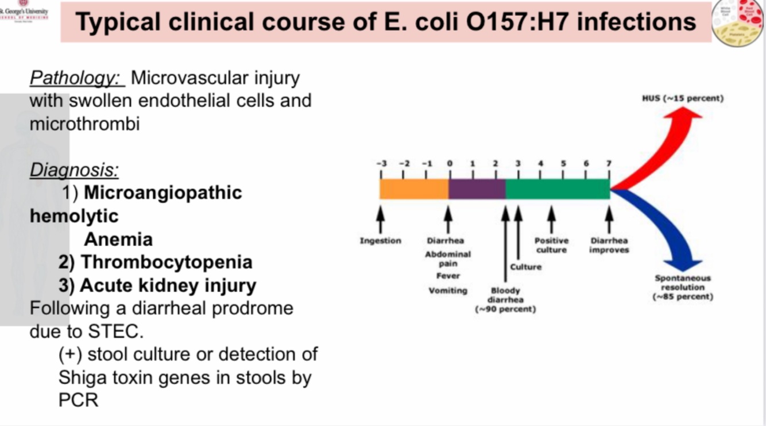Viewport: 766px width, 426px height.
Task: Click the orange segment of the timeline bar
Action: tap(413, 189)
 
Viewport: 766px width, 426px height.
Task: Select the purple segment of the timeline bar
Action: tap(477, 189)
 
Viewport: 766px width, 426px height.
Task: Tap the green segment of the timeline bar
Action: tap(557, 189)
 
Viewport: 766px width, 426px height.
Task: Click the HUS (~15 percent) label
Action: tap(683, 98)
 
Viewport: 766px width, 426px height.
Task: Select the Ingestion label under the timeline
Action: tap(380, 240)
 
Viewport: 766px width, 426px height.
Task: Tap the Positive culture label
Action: tap(551, 245)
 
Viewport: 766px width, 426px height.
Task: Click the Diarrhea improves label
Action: tap(609, 245)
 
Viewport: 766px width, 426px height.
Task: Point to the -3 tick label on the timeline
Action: tap(381, 163)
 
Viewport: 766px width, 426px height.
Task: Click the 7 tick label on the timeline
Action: tap(609, 163)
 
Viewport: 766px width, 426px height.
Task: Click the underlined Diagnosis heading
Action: tap(74, 170)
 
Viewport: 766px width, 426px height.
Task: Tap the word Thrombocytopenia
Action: tap(166, 262)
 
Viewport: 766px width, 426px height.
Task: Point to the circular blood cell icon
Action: tap(737, 23)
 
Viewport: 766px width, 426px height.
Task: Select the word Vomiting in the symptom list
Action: tap(448, 290)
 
